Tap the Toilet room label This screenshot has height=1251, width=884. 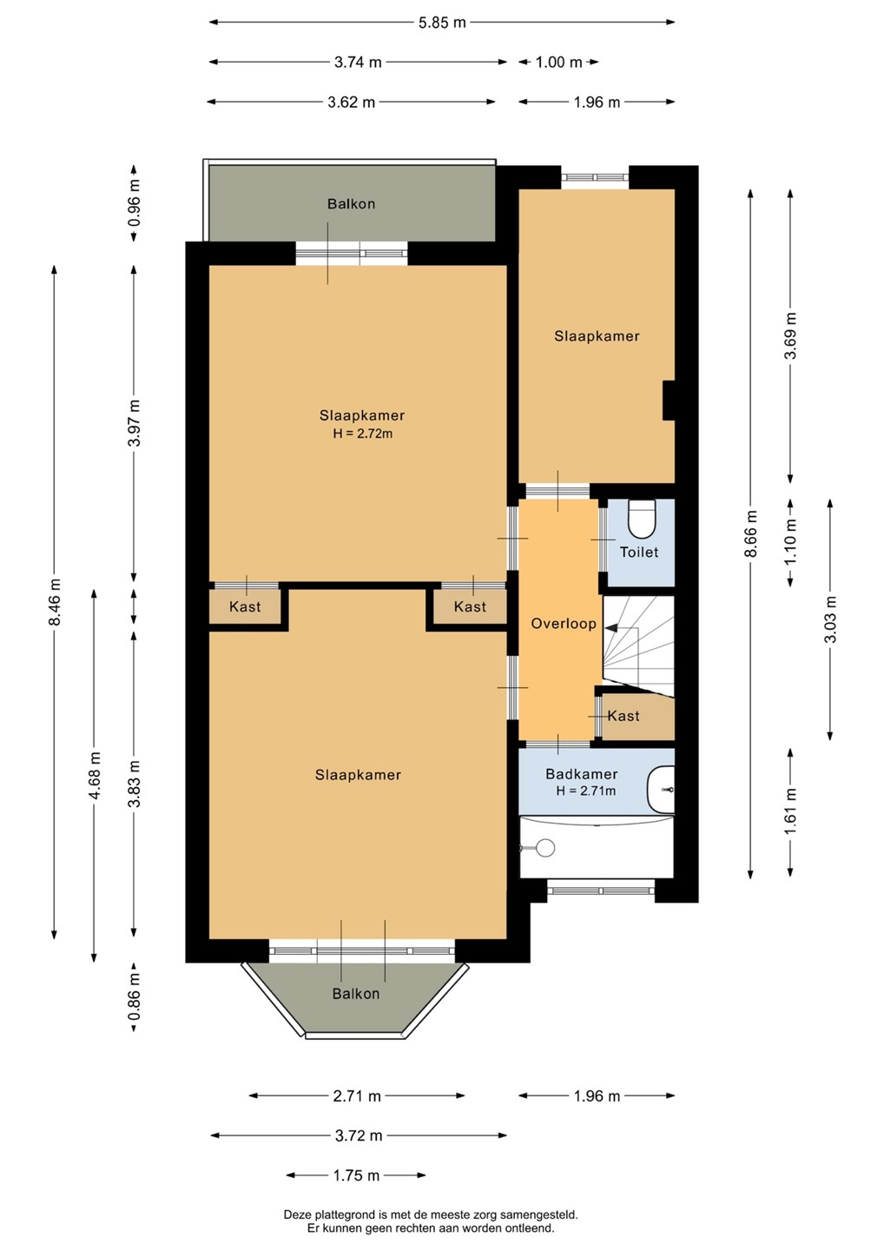pos(639,552)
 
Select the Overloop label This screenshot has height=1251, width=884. pos(563,623)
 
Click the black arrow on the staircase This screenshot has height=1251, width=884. pos(612,628)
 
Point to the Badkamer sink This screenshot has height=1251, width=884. pos(661,789)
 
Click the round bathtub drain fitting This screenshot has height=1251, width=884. pos(544,847)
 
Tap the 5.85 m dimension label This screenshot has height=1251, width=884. pos(442,23)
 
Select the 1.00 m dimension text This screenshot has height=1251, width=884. pos(558,62)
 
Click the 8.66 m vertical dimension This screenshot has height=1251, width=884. pos(751,533)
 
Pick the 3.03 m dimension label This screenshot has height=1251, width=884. pos(830,619)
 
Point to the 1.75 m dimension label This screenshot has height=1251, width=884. pos(356,1175)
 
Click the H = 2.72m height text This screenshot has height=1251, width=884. pos(363,433)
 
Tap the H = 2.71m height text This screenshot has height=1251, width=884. pos(586,791)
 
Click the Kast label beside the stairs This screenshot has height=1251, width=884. pos(623,716)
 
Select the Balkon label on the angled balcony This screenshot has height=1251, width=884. pos(355,994)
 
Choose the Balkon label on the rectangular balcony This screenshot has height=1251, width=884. pos(351,203)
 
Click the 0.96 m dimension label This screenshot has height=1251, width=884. pos(134,202)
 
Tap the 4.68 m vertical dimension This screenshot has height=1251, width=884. pos(95,775)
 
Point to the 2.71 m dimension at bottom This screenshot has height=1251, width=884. pos(357,1095)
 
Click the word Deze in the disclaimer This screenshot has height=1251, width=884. pos(295,1215)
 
